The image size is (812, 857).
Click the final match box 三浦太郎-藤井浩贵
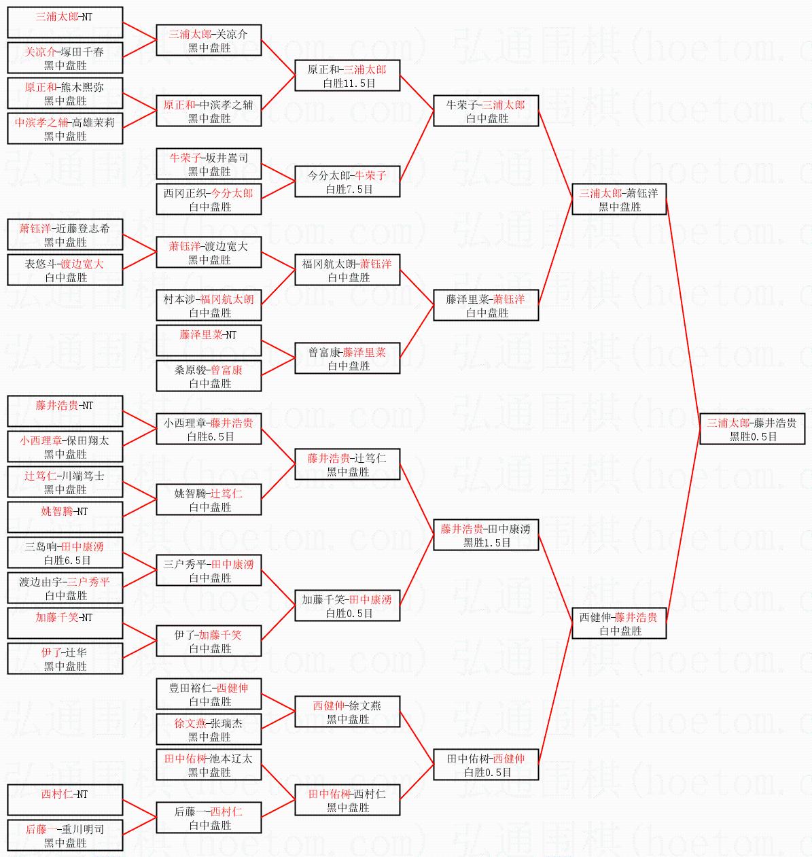[752, 429]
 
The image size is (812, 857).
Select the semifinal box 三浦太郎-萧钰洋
[618, 199]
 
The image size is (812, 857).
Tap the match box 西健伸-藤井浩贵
[618, 623]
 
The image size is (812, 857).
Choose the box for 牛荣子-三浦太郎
[486, 111]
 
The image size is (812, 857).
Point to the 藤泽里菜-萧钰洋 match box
[486, 305]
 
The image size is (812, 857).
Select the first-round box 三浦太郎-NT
[65, 22]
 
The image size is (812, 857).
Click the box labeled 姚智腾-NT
[65, 517]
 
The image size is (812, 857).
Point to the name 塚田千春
[82, 52]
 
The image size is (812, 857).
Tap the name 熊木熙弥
[82, 87]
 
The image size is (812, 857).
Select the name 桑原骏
[189, 370]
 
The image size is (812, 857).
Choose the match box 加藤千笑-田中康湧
[347, 606]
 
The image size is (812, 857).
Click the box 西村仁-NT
[65, 800]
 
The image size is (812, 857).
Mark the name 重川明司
[82, 829]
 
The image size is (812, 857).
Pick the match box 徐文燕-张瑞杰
[209, 729]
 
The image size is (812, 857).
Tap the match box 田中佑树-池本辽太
[209, 765]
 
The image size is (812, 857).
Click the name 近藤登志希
[82, 228]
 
